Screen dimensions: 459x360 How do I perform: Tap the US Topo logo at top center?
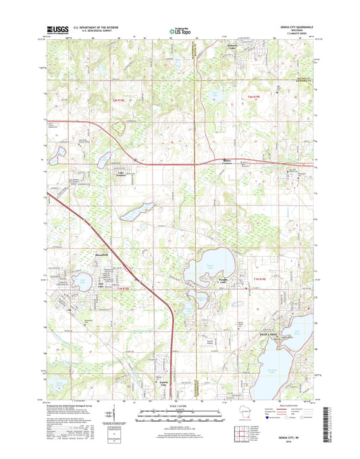point(179,30)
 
